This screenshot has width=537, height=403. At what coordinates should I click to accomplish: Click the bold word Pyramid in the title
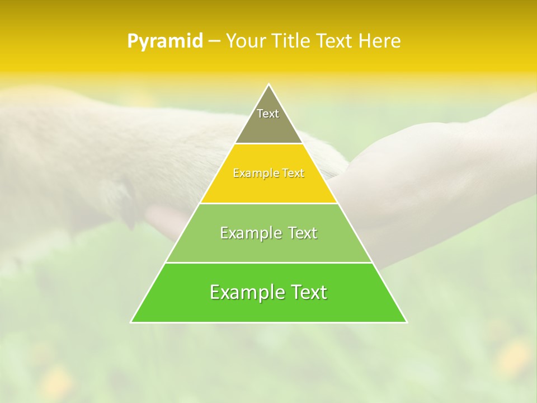(165, 41)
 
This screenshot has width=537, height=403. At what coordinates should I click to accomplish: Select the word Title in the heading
(291, 41)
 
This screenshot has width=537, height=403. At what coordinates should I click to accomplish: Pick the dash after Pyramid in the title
(214, 41)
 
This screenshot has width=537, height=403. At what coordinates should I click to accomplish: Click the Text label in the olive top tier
(268, 114)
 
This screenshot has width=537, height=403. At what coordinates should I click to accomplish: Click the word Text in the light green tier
(301, 233)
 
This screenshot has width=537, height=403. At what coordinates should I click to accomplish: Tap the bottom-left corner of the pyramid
(131, 322)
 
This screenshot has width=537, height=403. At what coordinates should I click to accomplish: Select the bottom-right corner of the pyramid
(407, 322)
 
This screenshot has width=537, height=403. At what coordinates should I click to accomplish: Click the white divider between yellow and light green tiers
(269, 203)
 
